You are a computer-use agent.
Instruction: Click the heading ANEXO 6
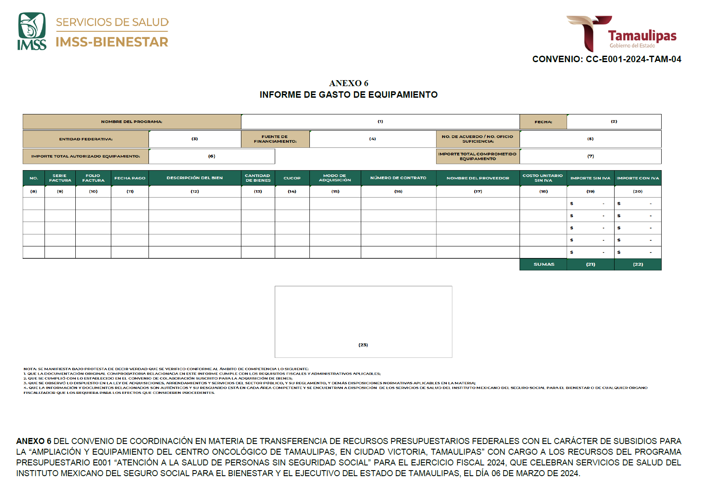coord(348,83)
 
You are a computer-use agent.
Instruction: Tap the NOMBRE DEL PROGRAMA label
coord(131,122)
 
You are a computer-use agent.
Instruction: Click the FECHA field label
coord(543,122)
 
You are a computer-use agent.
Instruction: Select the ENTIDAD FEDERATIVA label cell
coord(86,139)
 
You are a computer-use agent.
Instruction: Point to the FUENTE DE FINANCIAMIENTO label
coord(275,139)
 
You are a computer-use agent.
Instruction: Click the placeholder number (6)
coord(211,156)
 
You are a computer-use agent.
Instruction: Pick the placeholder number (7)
coord(590,156)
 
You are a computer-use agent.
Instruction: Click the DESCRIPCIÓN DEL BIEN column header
coord(194,178)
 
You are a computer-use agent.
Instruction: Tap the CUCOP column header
coord(292,178)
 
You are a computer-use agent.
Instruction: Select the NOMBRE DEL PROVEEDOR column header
coord(478,178)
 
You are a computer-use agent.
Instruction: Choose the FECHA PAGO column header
coord(130,178)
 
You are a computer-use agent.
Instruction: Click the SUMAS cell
coord(544,264)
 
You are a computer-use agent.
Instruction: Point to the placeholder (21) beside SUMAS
coord(590,264)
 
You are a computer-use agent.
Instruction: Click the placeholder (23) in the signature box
coord(363,345)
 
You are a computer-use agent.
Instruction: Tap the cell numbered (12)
coord(195,192)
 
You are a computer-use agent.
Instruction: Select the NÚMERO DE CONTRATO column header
coord(398,178)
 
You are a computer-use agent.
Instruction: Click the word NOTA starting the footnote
coord(30,369)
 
